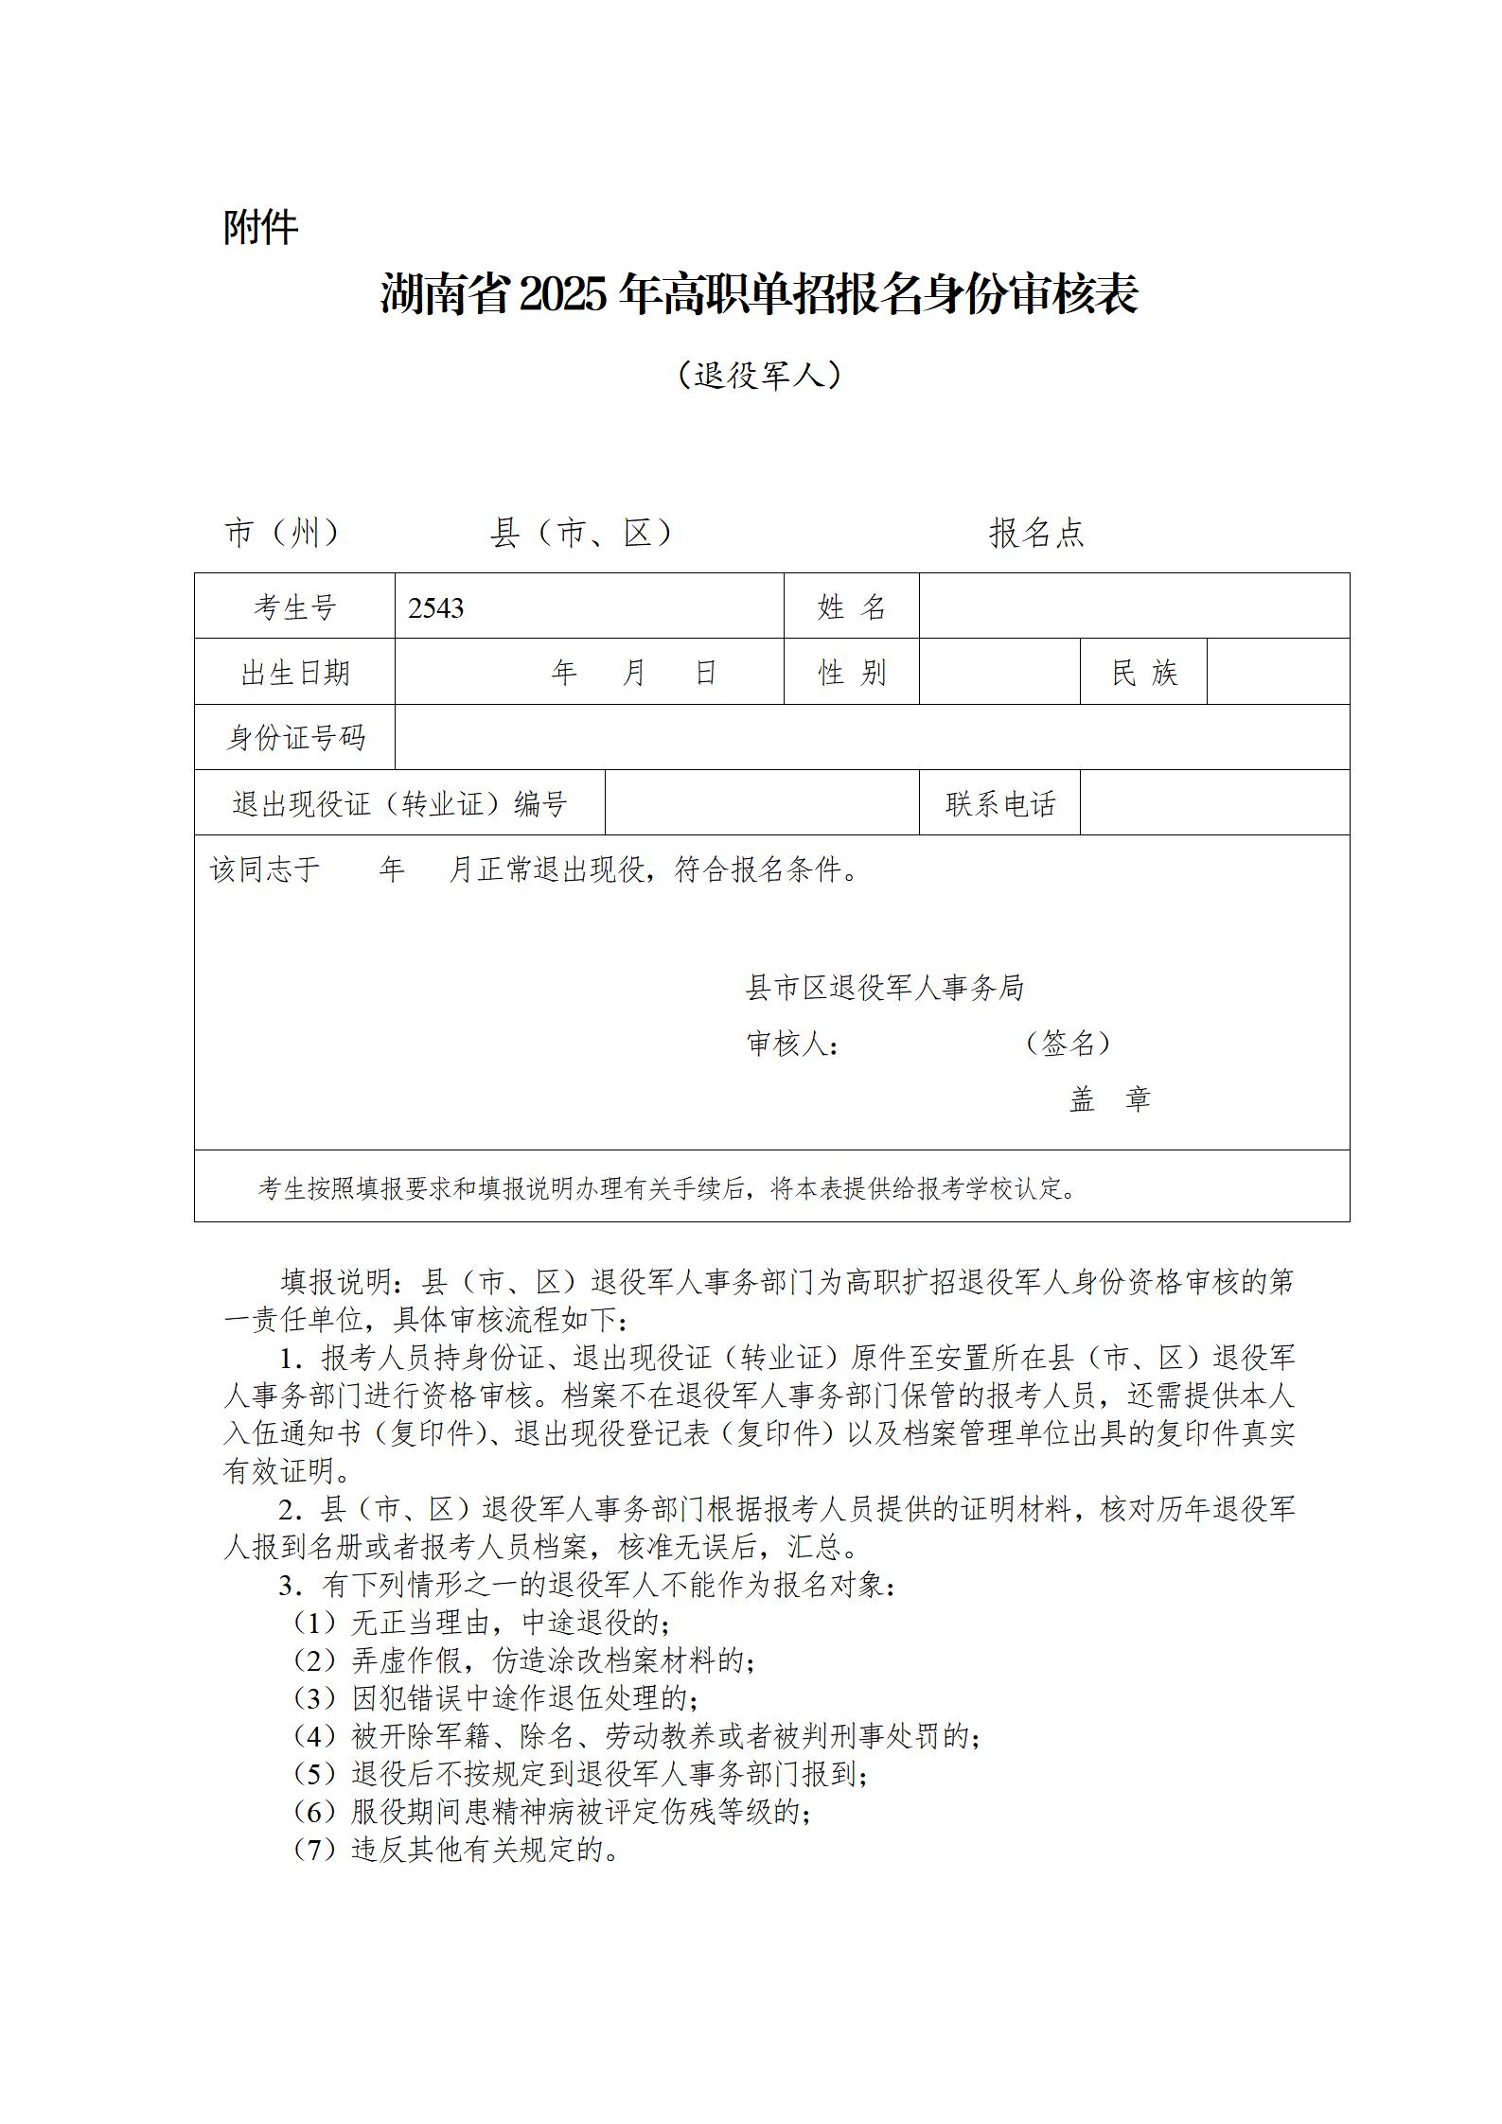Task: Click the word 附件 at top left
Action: pos(260,227)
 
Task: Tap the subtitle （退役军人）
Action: pos(760,376)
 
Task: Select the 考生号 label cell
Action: pos(294,606)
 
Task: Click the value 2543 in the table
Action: pos(436,607)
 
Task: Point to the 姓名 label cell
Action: pos(851,606)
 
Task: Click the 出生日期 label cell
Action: pos(294,673)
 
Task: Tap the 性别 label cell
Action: pos(851,673)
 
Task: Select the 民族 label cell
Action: pos(1143,673)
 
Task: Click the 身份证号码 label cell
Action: pos(294,738)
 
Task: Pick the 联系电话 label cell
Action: pos(999,804)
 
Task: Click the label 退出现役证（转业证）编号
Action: pos(399,804)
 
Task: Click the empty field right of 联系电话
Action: pos(1214,803)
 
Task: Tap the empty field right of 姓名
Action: pos(1134,606)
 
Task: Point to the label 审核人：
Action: pos(792,1044)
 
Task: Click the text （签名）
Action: pos(1068,1043)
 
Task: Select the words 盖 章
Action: pos(1109,1099)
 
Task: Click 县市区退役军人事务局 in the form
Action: pos(885,988)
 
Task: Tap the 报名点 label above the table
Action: pos(1036,534)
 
